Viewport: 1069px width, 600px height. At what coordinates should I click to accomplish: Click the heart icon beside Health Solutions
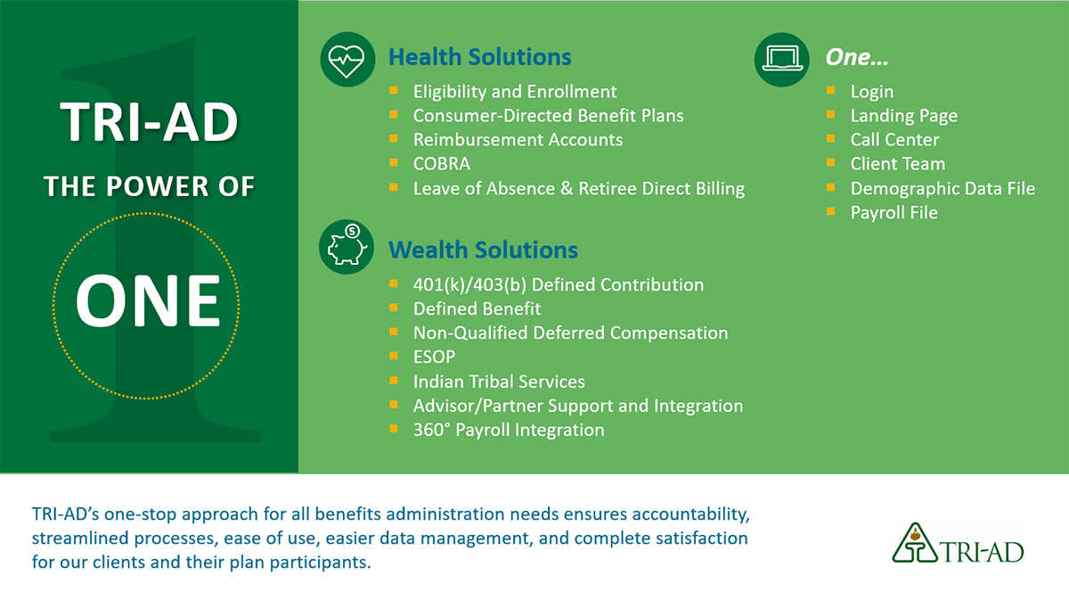tap(347, 60)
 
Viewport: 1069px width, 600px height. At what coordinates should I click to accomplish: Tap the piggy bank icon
tap(347, 247)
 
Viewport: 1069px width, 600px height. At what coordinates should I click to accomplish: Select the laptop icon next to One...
tap(782, 60)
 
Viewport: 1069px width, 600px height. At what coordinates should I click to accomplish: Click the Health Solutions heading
tap(479, 57)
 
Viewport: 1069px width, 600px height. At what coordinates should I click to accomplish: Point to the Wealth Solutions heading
tap(483, 250)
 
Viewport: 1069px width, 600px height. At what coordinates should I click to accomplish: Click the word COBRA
tap(442, 164)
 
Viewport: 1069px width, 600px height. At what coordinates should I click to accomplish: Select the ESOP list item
tap(435, 357)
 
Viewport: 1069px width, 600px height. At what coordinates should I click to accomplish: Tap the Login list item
tap(872, 92)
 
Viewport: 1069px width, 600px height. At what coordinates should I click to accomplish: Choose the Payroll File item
tap(894, 212)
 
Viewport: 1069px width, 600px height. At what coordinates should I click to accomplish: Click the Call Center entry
tap(894, 140)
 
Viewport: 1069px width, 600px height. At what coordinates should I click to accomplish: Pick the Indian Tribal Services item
tap(499, 382)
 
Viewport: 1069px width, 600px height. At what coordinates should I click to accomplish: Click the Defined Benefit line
tap(477, 308)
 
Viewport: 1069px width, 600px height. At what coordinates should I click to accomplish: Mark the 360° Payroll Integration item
tap(509, 430)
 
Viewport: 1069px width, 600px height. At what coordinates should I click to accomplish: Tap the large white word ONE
tap(148, 301)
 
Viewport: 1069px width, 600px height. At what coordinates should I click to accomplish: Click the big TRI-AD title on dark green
tap(149, 123)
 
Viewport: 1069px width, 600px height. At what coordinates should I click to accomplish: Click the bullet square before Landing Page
tap(831, 115)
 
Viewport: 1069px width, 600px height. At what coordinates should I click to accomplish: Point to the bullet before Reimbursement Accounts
tap(394, 138)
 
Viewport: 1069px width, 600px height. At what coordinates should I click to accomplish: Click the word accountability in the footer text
tap(690, 514)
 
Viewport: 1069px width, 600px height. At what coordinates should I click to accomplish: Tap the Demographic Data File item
tap(943, 189)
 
